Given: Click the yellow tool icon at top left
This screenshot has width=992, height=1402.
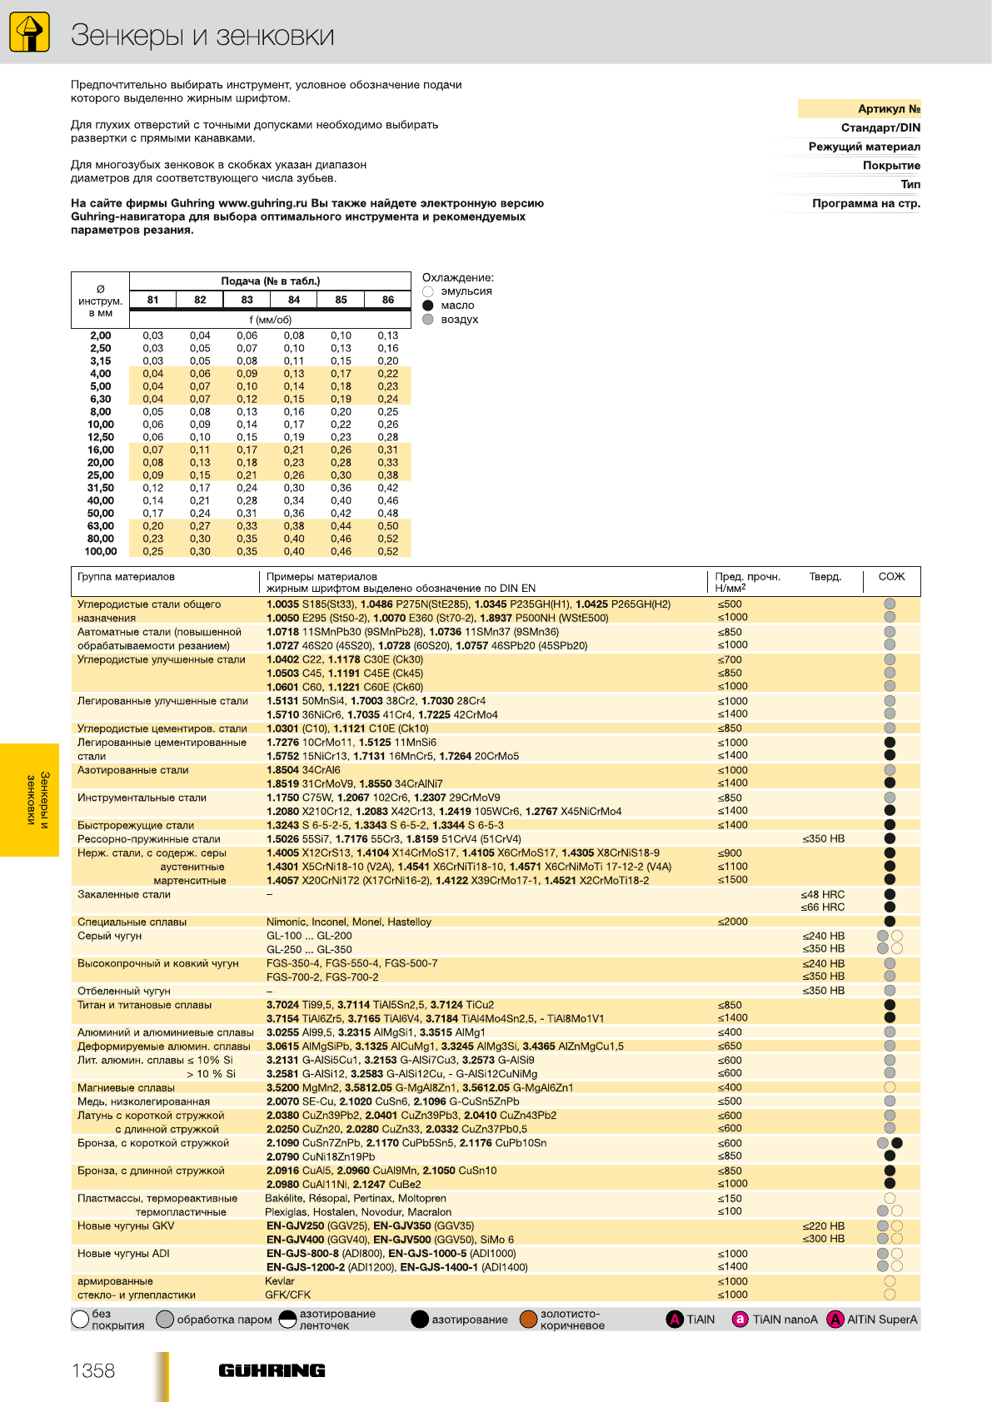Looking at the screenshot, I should (x=29, y=32).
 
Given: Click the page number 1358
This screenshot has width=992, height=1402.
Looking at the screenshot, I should (x=93, y=1370).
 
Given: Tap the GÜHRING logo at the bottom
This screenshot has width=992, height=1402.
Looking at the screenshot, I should (x=272, y=1370).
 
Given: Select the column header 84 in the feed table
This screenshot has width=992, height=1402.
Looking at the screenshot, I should (x=294, y=300).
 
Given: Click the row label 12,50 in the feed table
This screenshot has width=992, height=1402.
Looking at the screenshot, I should (x=101, y=437).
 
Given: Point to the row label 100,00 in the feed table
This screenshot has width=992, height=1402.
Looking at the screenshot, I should (x=101, y=551).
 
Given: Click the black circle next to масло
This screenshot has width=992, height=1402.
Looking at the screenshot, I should (x=428, y=306).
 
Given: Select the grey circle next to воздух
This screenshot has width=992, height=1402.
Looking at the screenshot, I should (x=428, y=320).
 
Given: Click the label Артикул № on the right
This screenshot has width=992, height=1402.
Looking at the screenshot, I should (x=889, y=109).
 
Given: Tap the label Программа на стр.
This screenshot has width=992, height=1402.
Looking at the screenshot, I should (x=866, y=203).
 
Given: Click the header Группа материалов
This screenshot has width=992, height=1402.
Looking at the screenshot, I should (x=126, y=577).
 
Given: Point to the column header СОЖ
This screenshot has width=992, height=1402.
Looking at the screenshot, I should (x=891, y=577).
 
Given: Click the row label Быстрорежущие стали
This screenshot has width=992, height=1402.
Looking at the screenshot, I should (x=136, y=825).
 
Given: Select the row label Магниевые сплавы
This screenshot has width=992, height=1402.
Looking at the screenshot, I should (x=126, y=1087).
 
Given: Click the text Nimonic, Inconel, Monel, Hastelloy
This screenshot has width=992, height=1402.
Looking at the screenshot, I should (x=349, y=922).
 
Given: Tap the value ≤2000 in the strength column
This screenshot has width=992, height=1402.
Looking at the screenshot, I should (x=733, y=922).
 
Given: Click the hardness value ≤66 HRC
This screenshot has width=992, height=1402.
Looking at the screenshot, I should (x=823, y=907).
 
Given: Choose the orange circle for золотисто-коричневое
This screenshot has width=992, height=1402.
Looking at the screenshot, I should (x=528, y=1320).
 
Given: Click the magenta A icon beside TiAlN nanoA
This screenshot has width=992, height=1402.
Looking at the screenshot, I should (x=740, y=1320).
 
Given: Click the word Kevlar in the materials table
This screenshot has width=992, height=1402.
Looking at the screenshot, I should (x=280, y=1281).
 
